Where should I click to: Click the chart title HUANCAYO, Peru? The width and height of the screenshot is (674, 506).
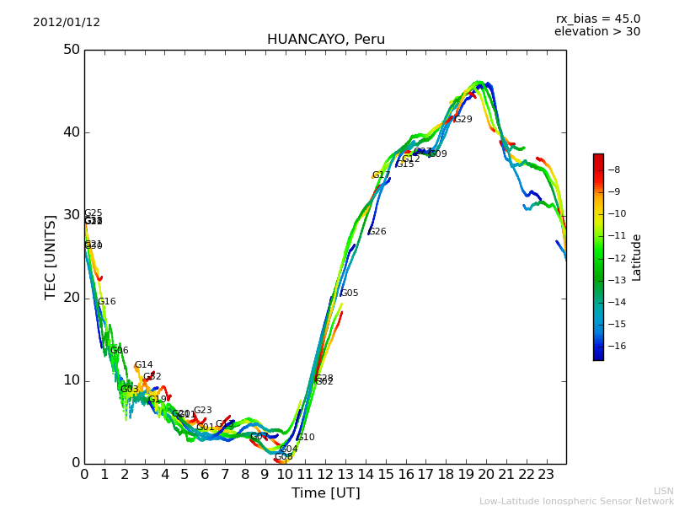[x=325, y=40]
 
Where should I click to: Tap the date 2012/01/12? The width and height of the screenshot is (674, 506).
[x=67, y=23]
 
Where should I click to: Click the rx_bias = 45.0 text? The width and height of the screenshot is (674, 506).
[x=597, y=19]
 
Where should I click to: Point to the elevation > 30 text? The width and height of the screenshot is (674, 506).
[x=596, y=32]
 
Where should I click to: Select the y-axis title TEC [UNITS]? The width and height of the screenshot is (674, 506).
[x=51, y=256]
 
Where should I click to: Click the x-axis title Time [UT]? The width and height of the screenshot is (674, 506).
[x=325, y=493]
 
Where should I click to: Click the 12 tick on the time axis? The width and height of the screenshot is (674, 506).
[x=325, y=475]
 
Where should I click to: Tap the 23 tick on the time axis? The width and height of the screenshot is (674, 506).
[x=546, y=475]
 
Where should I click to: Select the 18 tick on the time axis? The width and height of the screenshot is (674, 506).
[x=446, y=475]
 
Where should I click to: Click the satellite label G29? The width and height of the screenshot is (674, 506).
[x=463, y=120]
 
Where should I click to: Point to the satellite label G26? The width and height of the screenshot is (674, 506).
[x=377, y=232]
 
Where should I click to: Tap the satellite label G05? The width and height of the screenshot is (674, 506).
[x=349, y=293]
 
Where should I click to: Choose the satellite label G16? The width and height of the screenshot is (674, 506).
[x=107, y=302]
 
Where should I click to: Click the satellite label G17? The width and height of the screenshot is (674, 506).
[x=381, y=175]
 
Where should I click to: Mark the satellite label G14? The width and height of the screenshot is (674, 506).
[x=143, y=366]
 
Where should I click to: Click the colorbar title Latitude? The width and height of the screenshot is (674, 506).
[x=637, y=257]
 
